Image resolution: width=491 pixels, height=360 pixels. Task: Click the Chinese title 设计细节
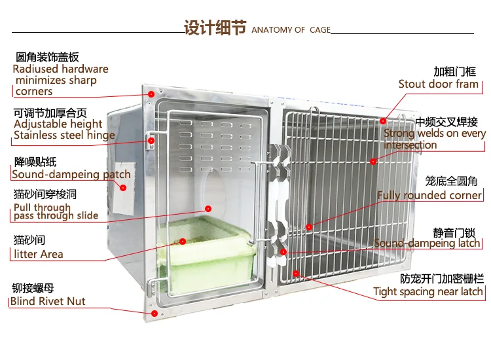pos(215,29)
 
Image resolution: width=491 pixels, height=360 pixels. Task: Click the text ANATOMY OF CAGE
pos(291,30)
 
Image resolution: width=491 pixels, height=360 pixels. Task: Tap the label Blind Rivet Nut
pos(48,302)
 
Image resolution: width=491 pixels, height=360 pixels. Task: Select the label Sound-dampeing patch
pos(71,175)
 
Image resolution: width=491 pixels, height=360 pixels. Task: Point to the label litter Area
pos(38,254)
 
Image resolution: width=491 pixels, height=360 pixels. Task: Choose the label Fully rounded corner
pos(429,195)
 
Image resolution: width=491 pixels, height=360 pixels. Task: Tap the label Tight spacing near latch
pos(428,292)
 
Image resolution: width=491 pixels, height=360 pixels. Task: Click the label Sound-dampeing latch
pos(427,243)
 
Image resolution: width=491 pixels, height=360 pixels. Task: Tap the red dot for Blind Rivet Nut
pos(154,314)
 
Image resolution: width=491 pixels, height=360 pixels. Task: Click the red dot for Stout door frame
pos(384,120)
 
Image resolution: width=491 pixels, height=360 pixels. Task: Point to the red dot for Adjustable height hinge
pos(151,139)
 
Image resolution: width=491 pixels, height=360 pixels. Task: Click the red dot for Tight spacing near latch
pos(296,273)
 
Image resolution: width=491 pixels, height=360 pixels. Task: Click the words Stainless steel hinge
pos(64,135)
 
